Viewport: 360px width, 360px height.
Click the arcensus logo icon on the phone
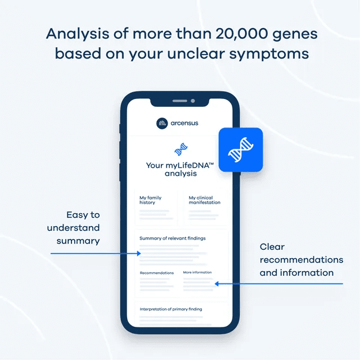[162, 123]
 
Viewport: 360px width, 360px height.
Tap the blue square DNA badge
[240, 150]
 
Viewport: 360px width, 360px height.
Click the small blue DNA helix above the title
[181, 149]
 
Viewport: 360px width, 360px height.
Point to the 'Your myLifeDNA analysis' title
[180, 169]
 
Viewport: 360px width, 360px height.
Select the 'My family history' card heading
[151, 200]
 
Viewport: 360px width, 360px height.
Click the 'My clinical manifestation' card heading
[205, 200]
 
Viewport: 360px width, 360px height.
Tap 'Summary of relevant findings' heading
[173, 238]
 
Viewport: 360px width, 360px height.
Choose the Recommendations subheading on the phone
[156, 273]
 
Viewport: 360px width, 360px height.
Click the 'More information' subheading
[197, 272]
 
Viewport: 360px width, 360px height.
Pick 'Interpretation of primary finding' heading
[171, 309]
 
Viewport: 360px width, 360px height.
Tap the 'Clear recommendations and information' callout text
[301, 260]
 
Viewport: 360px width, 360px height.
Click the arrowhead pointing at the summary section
[138, 254]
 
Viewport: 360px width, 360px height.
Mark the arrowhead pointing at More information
[217, 283]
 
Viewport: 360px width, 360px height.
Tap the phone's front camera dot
[192, 101]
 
